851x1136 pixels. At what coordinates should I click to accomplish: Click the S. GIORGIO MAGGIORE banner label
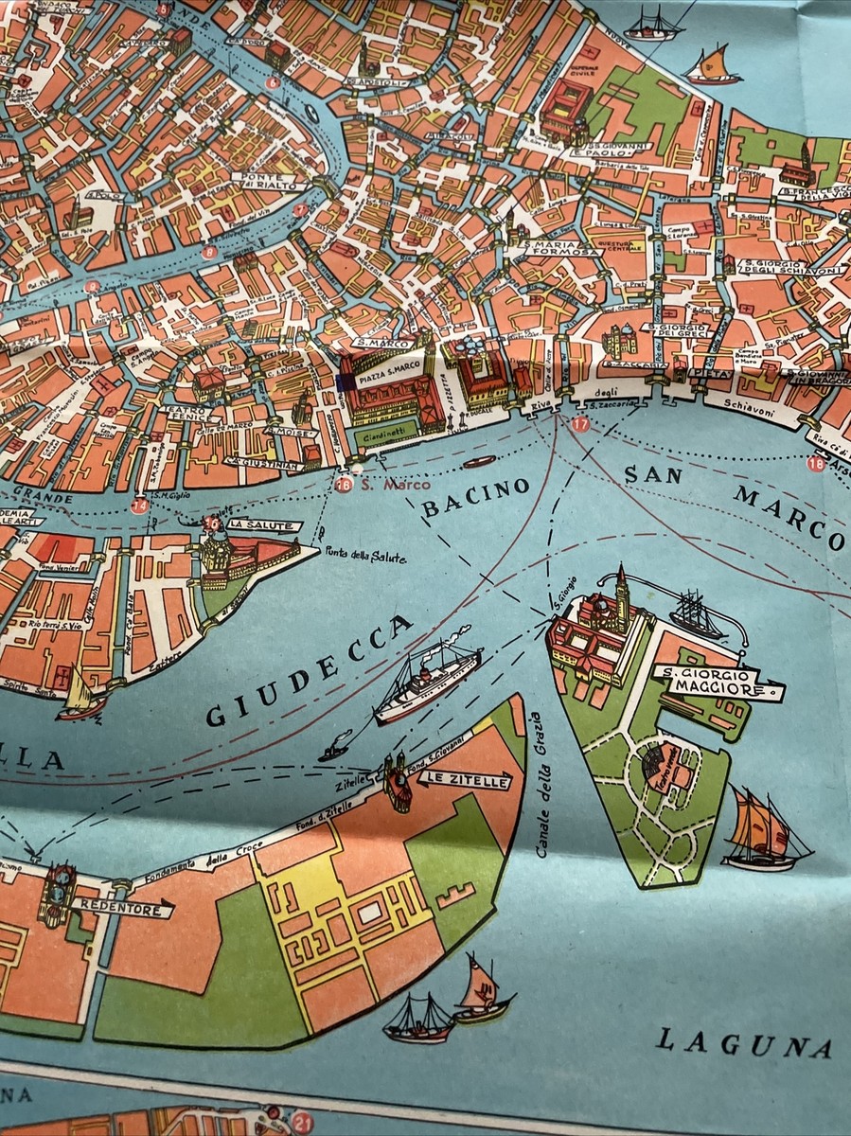[x=718, y=683]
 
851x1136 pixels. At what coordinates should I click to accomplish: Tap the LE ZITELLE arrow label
[x=463, y=780]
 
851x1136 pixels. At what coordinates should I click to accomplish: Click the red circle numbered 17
[x=580, y=425]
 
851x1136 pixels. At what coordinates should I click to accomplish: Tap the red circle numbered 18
[x=815, y=463]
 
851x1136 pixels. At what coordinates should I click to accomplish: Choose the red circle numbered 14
[x=140, y=506]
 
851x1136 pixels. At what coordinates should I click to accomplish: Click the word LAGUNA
[x=744, y=1043]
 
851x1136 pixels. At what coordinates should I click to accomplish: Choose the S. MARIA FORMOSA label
[x=564, y=248]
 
